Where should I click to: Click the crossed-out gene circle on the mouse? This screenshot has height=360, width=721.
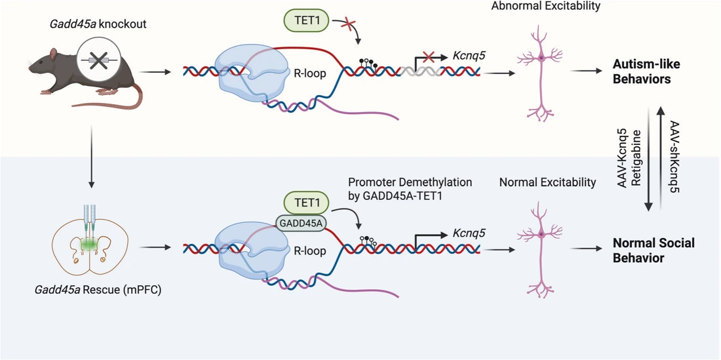click(98, 60)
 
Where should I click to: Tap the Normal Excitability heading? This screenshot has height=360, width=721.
click(547, 182)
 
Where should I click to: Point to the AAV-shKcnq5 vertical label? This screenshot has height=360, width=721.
click(676, 156)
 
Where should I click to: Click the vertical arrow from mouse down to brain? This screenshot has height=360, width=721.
click(92, 157)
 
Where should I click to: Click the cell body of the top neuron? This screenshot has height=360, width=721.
click(541, 58)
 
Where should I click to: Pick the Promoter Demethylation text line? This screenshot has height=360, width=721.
click(410, 182)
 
